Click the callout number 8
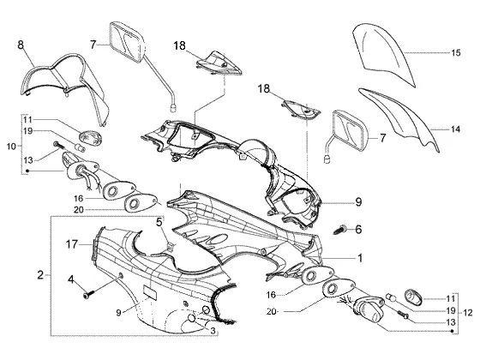[21, 45]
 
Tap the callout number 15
[455, 52]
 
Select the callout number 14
[455, 129]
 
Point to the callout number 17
[72, 244]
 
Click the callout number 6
[358, 229]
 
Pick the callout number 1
[360, 258]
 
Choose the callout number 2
[40, 274]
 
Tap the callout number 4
[71, 279]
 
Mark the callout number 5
[159, 222]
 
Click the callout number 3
[213, 331]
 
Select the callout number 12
[468, 313]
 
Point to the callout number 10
[11, 147]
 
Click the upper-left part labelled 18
[219, 63]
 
